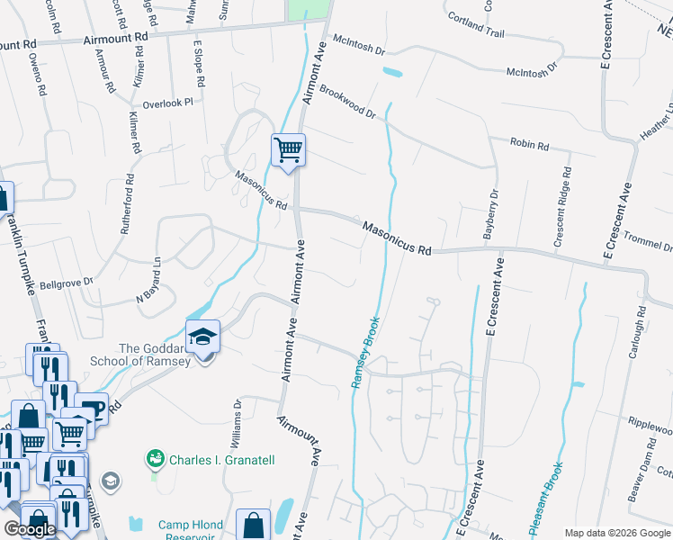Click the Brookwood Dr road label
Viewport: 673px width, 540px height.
point(347,103)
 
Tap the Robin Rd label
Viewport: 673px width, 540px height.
point(529,143)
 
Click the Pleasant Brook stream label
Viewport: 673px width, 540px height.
point(546,499)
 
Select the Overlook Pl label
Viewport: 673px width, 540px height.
point(168,103)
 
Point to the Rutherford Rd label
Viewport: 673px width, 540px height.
point(127,204)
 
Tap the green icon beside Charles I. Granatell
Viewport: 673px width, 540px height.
point(157,460)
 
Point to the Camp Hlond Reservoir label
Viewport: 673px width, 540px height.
point(186,531)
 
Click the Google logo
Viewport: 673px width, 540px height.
point(30,529)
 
